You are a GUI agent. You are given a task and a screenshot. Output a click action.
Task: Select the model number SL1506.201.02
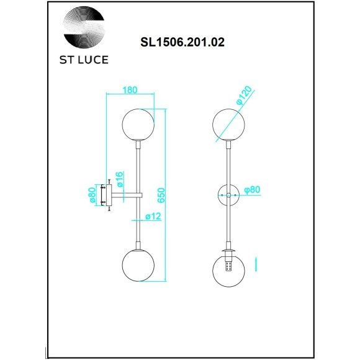[x=180, y=43]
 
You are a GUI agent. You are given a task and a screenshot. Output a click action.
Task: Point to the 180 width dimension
[x=130, y=90]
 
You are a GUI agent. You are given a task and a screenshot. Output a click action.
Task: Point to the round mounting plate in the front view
[x=229, y=196]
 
